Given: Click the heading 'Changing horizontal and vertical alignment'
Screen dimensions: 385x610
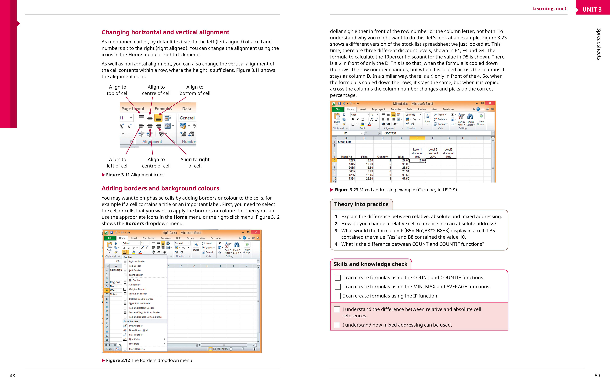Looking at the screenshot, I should pyautogui.click(x=165, y=32).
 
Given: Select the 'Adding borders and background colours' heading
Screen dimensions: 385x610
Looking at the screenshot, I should pyautogui.click(x=160, y=188).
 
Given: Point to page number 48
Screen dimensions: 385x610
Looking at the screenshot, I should pyautogui.click(x=12, y=376).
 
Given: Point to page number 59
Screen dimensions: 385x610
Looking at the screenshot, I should pyautogui.click(x=597, y=376).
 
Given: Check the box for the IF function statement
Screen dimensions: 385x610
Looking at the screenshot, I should pyautogui.click(x=337, y=296).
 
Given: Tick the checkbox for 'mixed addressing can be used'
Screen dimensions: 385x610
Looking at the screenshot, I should pyautogui.click(x=337, y=325).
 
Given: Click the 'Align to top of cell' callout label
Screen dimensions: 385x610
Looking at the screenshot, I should pyautogui.click(x=118, y=90).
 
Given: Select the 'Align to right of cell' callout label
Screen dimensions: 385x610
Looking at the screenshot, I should pyautogui.click(x=195, y=163).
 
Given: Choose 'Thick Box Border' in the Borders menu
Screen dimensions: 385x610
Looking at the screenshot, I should pyautogui.click(x=138, y=294).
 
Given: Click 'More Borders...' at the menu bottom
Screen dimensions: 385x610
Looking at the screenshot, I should pyautogui.click(x=137, y=349).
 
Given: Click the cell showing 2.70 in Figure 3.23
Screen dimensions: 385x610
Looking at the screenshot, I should pyautogui.click(x=417, y=160).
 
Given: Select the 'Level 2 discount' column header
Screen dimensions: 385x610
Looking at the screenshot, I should pyautogui.click(x=433, y=151).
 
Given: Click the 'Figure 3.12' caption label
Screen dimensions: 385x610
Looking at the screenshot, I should pyautogui.click(x=118, y=360).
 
